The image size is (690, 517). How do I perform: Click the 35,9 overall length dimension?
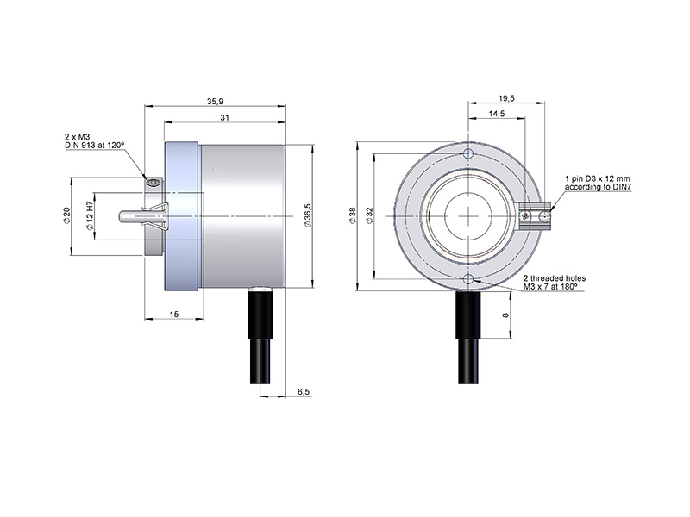click(215, 102)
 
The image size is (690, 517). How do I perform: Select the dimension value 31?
click(225, 118)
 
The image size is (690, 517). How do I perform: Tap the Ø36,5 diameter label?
click(308, 215)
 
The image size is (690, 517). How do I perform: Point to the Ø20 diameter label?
click(67, 215)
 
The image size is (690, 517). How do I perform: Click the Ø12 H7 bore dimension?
click(90, 216)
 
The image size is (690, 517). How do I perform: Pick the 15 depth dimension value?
click(174, 314)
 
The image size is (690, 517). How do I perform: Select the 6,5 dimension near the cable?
click(304, 391)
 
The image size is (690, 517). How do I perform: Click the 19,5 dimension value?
click(506, 98)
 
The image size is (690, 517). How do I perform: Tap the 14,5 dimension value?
click(497, 114)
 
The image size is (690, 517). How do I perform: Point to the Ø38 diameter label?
click(353, 216)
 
